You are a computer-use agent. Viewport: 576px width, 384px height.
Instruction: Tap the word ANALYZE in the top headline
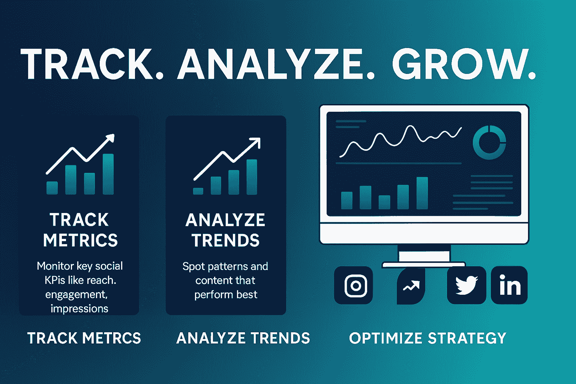pos(270,64)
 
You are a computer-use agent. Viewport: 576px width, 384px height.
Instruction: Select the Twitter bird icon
pos(466,285)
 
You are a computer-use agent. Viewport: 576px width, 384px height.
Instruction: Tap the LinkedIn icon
pos(509,285)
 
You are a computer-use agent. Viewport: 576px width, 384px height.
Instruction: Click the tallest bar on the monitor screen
pos(422,193)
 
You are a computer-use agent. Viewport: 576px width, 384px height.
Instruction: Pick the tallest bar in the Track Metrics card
pos(108,174)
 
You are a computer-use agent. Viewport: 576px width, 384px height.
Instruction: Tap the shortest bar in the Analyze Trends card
pos(198,191)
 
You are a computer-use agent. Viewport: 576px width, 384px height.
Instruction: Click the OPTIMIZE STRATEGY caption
pos(427,338)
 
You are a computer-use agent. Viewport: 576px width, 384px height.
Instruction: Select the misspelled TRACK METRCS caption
pos(84,338)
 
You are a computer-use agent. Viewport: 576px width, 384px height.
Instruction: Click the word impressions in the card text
pos(79,309)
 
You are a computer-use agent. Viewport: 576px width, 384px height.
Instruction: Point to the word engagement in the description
pos(76,295)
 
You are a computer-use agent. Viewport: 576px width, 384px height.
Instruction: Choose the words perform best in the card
pos(226,295)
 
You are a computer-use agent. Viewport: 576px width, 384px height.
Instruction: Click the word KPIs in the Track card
pos(55,280)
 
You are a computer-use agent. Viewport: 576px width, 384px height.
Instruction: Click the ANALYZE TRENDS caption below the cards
pos(243,338)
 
